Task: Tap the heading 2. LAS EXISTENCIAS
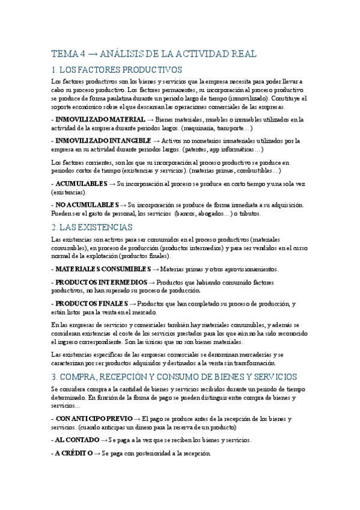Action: coord(91,227)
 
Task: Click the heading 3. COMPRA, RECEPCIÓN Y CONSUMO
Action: coord(174,376)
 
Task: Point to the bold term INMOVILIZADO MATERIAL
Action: coord(100,120)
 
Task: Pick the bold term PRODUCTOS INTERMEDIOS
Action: coord(100,281)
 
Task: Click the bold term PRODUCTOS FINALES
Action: coord(91,303)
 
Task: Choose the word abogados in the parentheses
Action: coord(211,213)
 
